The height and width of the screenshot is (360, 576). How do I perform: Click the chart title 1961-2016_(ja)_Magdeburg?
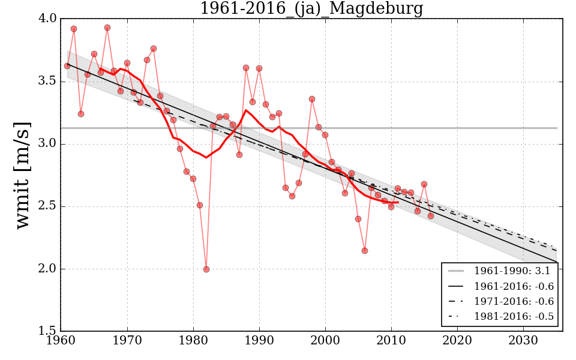(x=311, y=9)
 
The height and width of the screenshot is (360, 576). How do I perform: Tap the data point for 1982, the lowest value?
(x=206, y=269)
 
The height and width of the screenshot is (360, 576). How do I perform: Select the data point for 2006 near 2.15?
(x=364, y=251)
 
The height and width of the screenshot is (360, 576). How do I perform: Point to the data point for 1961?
(x=67, y=66)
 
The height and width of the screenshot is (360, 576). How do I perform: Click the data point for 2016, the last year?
(x=430, y=216)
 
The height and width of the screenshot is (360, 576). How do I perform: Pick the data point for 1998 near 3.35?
(x=312, y=99)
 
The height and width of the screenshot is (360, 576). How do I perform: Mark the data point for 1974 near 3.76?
(x=154, y=49)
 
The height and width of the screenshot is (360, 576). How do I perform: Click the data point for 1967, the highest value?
(x=107, y=28)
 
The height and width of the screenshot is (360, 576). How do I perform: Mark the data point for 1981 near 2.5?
(x=200, y=205)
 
